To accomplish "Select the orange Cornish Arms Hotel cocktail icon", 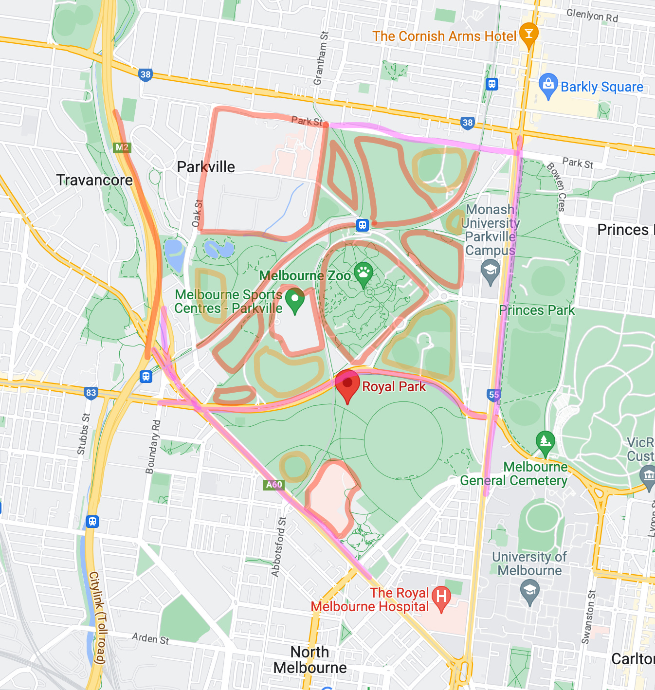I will (528, 34).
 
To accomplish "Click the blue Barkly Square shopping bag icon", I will (548, 85).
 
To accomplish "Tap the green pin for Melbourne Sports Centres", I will (294, 300).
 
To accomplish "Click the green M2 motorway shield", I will (122, 147).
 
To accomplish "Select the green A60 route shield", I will (274, 484).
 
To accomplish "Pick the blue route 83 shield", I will (91, 393).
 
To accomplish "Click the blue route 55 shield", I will (493, 395).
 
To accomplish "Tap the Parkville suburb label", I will (206, 167).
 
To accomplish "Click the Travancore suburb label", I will (94, 180).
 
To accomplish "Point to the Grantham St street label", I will (322, 58).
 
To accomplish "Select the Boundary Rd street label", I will (153, 447).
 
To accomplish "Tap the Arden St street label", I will (150, 638).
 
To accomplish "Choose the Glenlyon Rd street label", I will (592, 16).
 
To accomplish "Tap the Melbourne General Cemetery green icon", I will (545, 442).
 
